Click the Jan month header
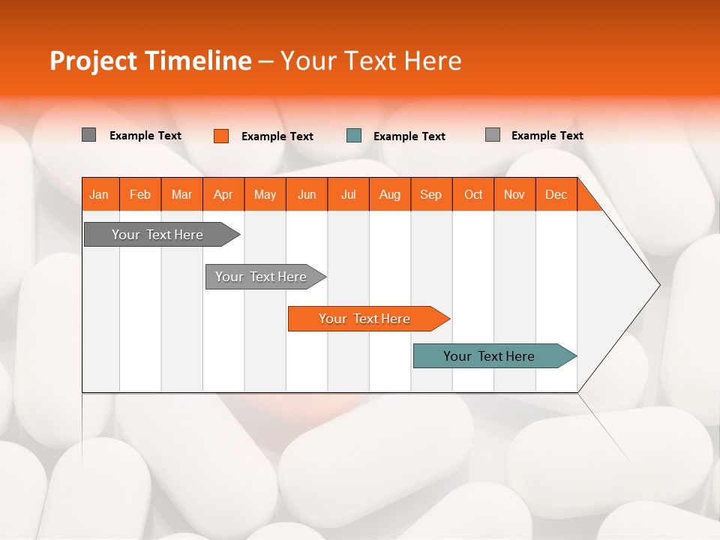point(99,194)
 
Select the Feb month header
point(140,194)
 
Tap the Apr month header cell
point(223,194)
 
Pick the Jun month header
point(307,194)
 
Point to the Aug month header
point(390,194)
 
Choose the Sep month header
point(431,194)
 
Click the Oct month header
point(473,194)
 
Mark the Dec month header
point(556,194)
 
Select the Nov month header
point(514,194)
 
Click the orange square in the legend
point(221,136)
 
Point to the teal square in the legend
point(354,136)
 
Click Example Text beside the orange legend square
point(277,136)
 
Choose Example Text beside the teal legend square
point(409,136)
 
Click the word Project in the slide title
point(93,61)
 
